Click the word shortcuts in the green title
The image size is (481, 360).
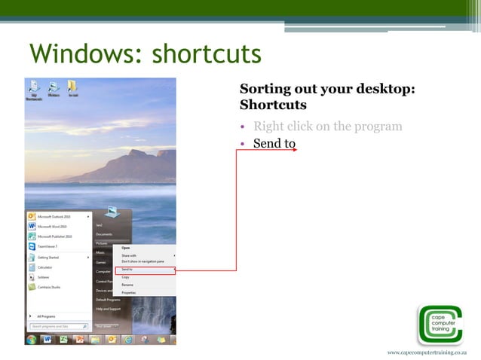(206, 54)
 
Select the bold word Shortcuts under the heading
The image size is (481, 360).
(273, 105)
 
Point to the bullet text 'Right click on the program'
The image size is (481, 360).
(328, 126)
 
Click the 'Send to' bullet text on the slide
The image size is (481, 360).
(274, 143)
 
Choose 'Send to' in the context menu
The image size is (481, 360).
(127, 269)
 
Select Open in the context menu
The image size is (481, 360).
(126, 247)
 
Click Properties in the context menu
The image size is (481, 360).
(129, 292)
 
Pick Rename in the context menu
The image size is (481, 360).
(127, 285)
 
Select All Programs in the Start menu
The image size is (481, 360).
(45, 316)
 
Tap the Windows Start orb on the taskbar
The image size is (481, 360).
(31, 339)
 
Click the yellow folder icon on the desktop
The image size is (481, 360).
(73, 86)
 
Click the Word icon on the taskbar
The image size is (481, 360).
(47, 339)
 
